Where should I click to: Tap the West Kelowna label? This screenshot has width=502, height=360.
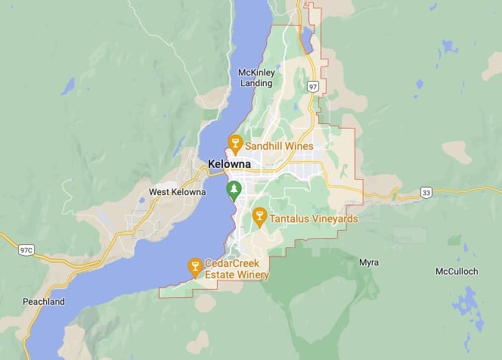pyautogui.click(x=177, y=192)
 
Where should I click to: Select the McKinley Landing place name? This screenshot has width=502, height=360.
pyautogui.click(x=256, y=77)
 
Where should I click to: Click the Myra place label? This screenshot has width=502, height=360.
pyautogui.click(x=369, y=262)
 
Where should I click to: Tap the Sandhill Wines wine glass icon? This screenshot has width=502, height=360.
pyautogui.click(x=234, y=144)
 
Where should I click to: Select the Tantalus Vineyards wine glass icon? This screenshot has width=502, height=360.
pyautogui.click(x=259, y=217)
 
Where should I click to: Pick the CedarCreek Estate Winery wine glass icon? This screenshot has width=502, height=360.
pyautogui.click(x=194, y=265)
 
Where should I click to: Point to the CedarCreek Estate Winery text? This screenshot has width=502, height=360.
pyautogui.click(x=237, y=270)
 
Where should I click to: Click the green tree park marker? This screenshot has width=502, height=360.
pyautogui.click(x=234, y=188)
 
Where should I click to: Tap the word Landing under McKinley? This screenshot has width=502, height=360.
pyautogui.click(x=256, y=82)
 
